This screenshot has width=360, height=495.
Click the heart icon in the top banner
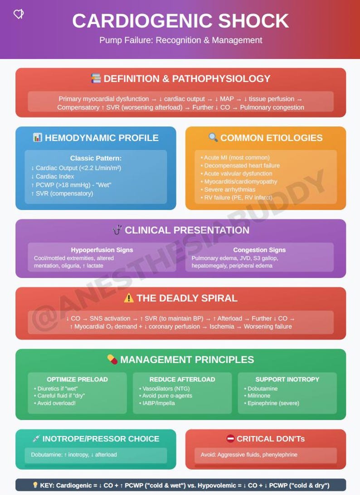[x=19, y=14]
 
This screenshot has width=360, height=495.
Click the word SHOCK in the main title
[x=253, y=21]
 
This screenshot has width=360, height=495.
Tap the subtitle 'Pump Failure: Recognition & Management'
[x=180, y=40]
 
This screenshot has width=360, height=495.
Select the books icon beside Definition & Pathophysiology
[x=96, y=78]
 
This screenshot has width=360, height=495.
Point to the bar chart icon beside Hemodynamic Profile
[x=38, y=137]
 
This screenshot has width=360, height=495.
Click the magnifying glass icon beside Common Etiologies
[x=213, y=137]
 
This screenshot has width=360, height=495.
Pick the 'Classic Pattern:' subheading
[x=96, y=158]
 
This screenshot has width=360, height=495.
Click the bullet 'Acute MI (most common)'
[x=235, y=158]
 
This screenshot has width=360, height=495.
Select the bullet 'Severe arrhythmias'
[x=228, y=189]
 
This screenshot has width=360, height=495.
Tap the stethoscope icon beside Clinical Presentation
[x=117, y=229]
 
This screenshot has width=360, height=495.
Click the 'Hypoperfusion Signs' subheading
[x=102, y=250]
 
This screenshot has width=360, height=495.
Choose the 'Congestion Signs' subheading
[x=259, y=250]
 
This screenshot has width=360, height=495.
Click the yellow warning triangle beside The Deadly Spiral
[x=129, y=298]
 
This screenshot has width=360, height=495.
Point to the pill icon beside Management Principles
[x=112, y=359]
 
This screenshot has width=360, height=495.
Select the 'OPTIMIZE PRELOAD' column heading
[x=78, y=379]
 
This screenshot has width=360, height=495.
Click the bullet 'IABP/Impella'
[x=157, y=403]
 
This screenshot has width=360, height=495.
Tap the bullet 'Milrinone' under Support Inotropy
[x=257, y=396]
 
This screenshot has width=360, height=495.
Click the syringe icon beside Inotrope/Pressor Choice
[x=36, y=438]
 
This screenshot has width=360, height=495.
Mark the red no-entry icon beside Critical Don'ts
[x=231, y=438]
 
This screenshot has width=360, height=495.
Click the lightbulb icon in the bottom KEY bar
[x=35, y=485]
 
